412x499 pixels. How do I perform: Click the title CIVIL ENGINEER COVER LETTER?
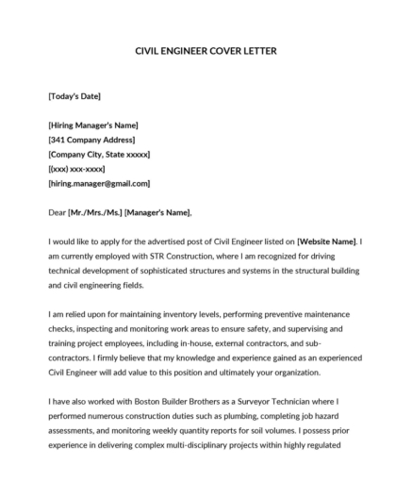pyautogui.click(x=206, y=50)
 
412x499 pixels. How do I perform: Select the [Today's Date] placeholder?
pyautogui.click(x=74, y=96)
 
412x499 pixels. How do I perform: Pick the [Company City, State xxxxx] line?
pyautogui.click(x=98, y=154)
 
